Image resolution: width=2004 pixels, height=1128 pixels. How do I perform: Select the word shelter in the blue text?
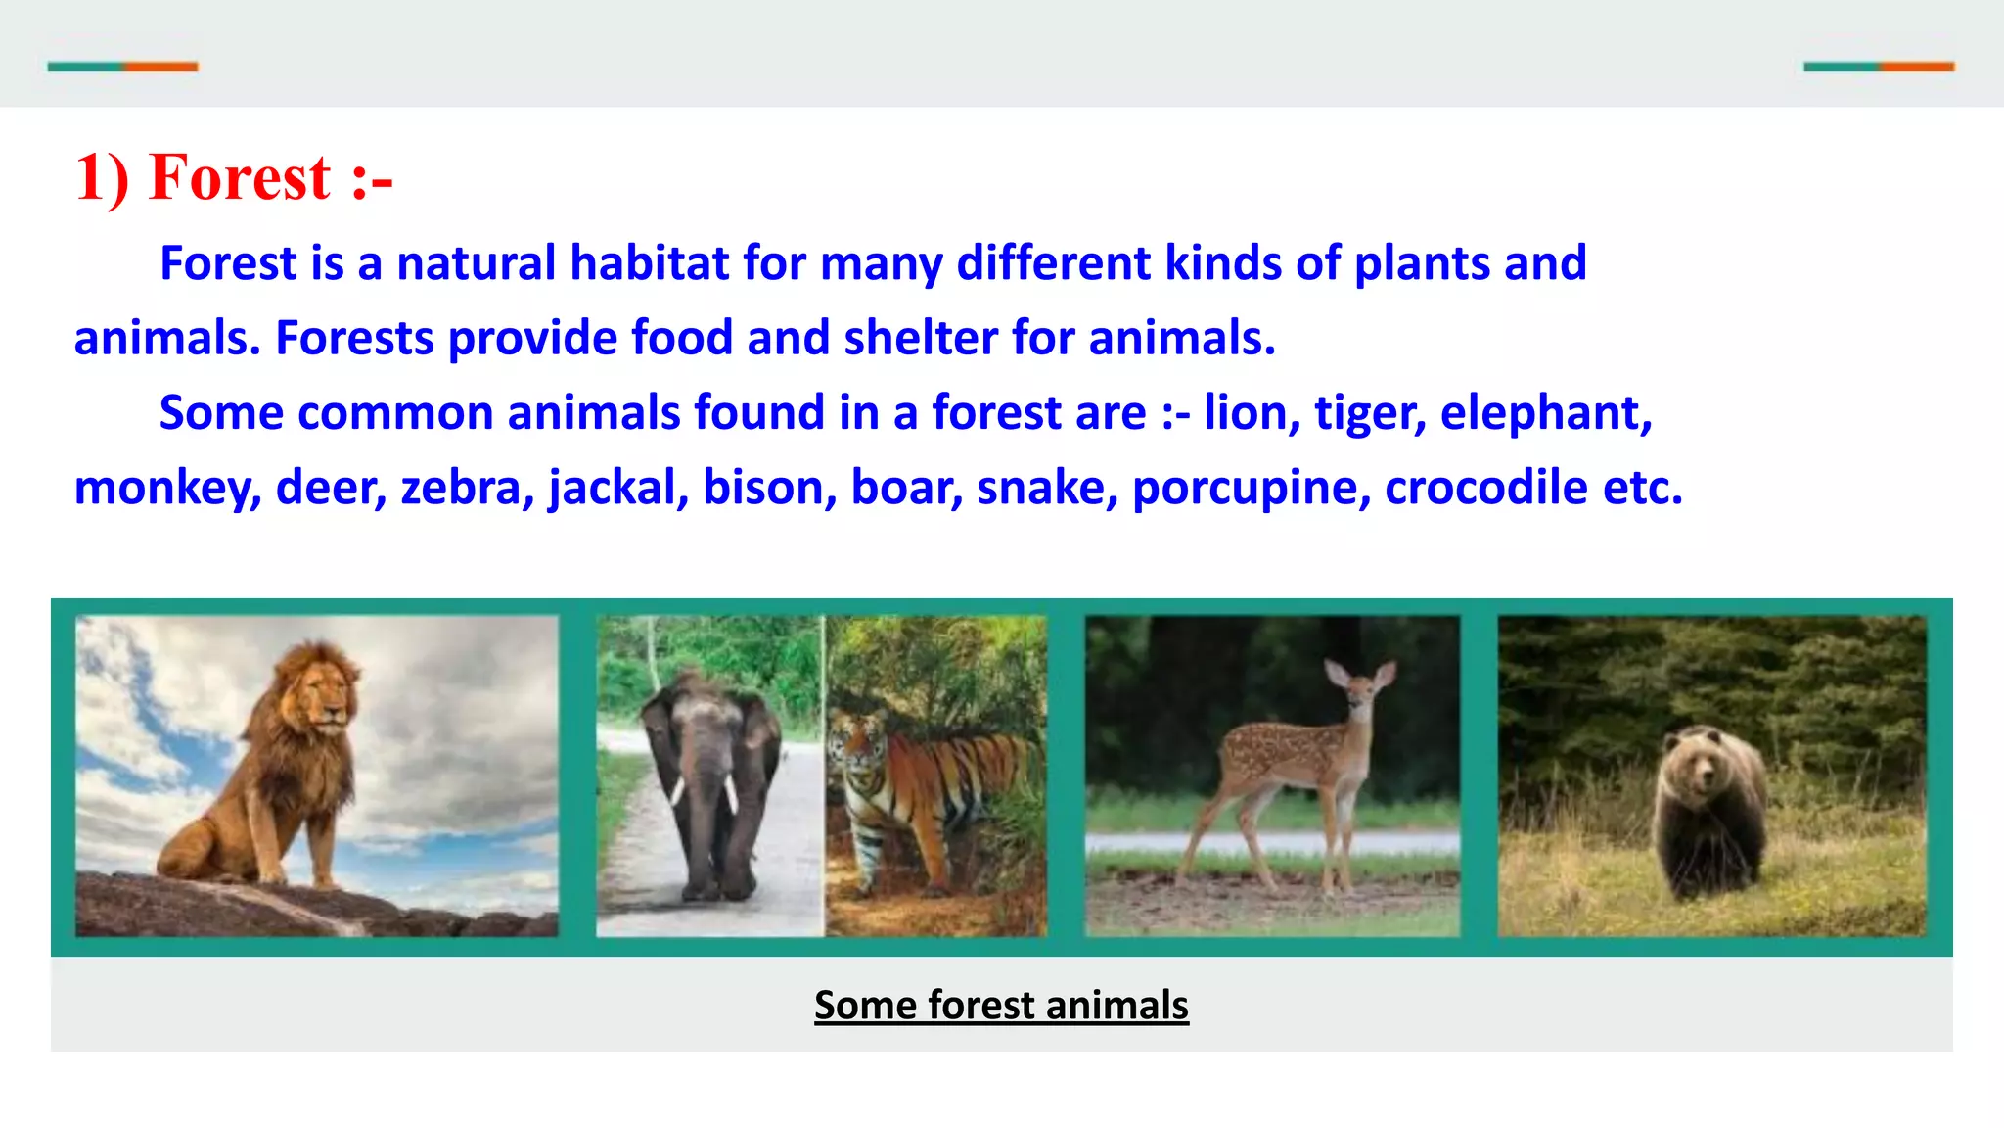[x=920, y=338]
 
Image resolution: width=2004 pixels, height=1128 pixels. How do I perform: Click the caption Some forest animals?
[x=1001, y=1005]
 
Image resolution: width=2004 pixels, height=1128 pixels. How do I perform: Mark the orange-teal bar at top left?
[x=122, y=67]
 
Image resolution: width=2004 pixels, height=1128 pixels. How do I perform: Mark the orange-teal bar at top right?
[x=1879, y=67]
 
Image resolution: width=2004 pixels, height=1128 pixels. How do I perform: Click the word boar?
[x=906, y=488]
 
